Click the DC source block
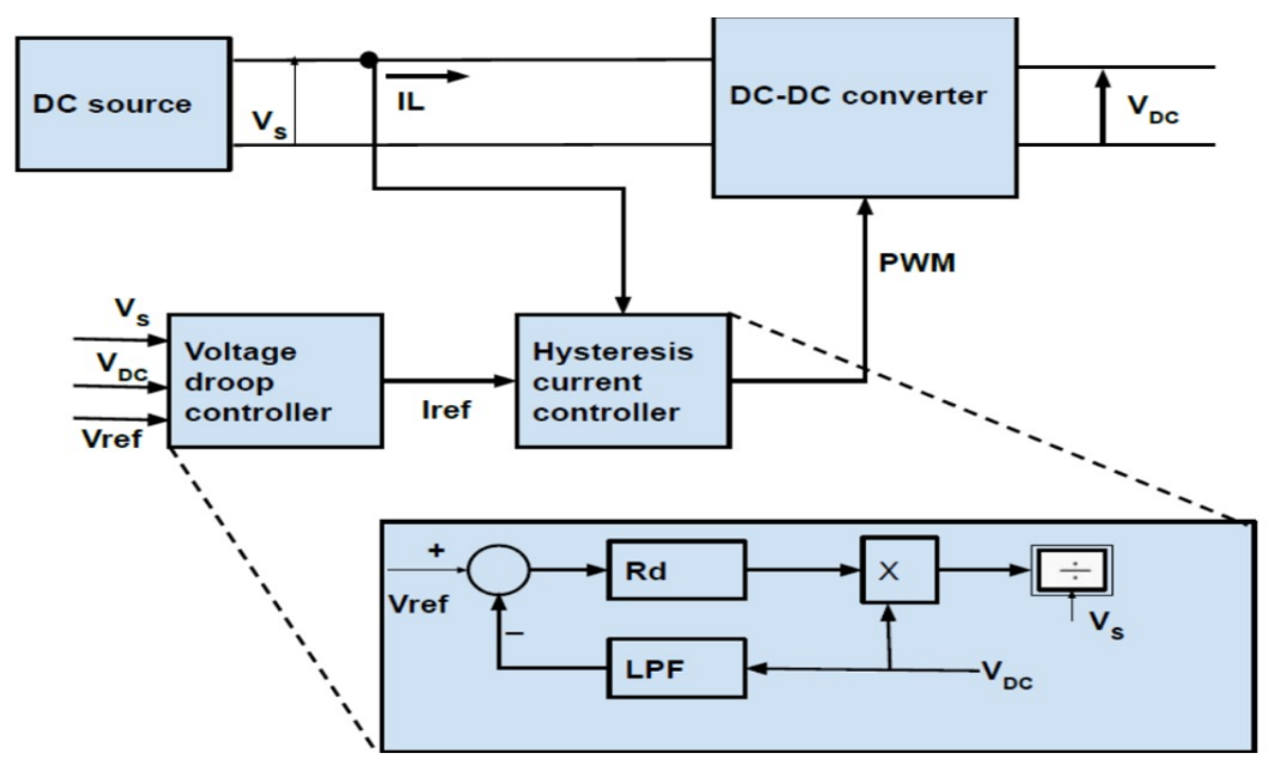[124, 104]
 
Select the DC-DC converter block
[864, 107]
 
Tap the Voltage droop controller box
[275, 381]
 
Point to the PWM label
[916, 262]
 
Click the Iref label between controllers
[446, 410]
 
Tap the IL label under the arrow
[410, 102]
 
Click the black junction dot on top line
[369, 60]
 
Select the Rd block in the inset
[676, 570]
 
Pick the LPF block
[676, 668]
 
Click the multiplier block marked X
[898, 570]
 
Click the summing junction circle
[498, 570]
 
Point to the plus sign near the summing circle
[436, 550]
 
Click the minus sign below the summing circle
[515, 634]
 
